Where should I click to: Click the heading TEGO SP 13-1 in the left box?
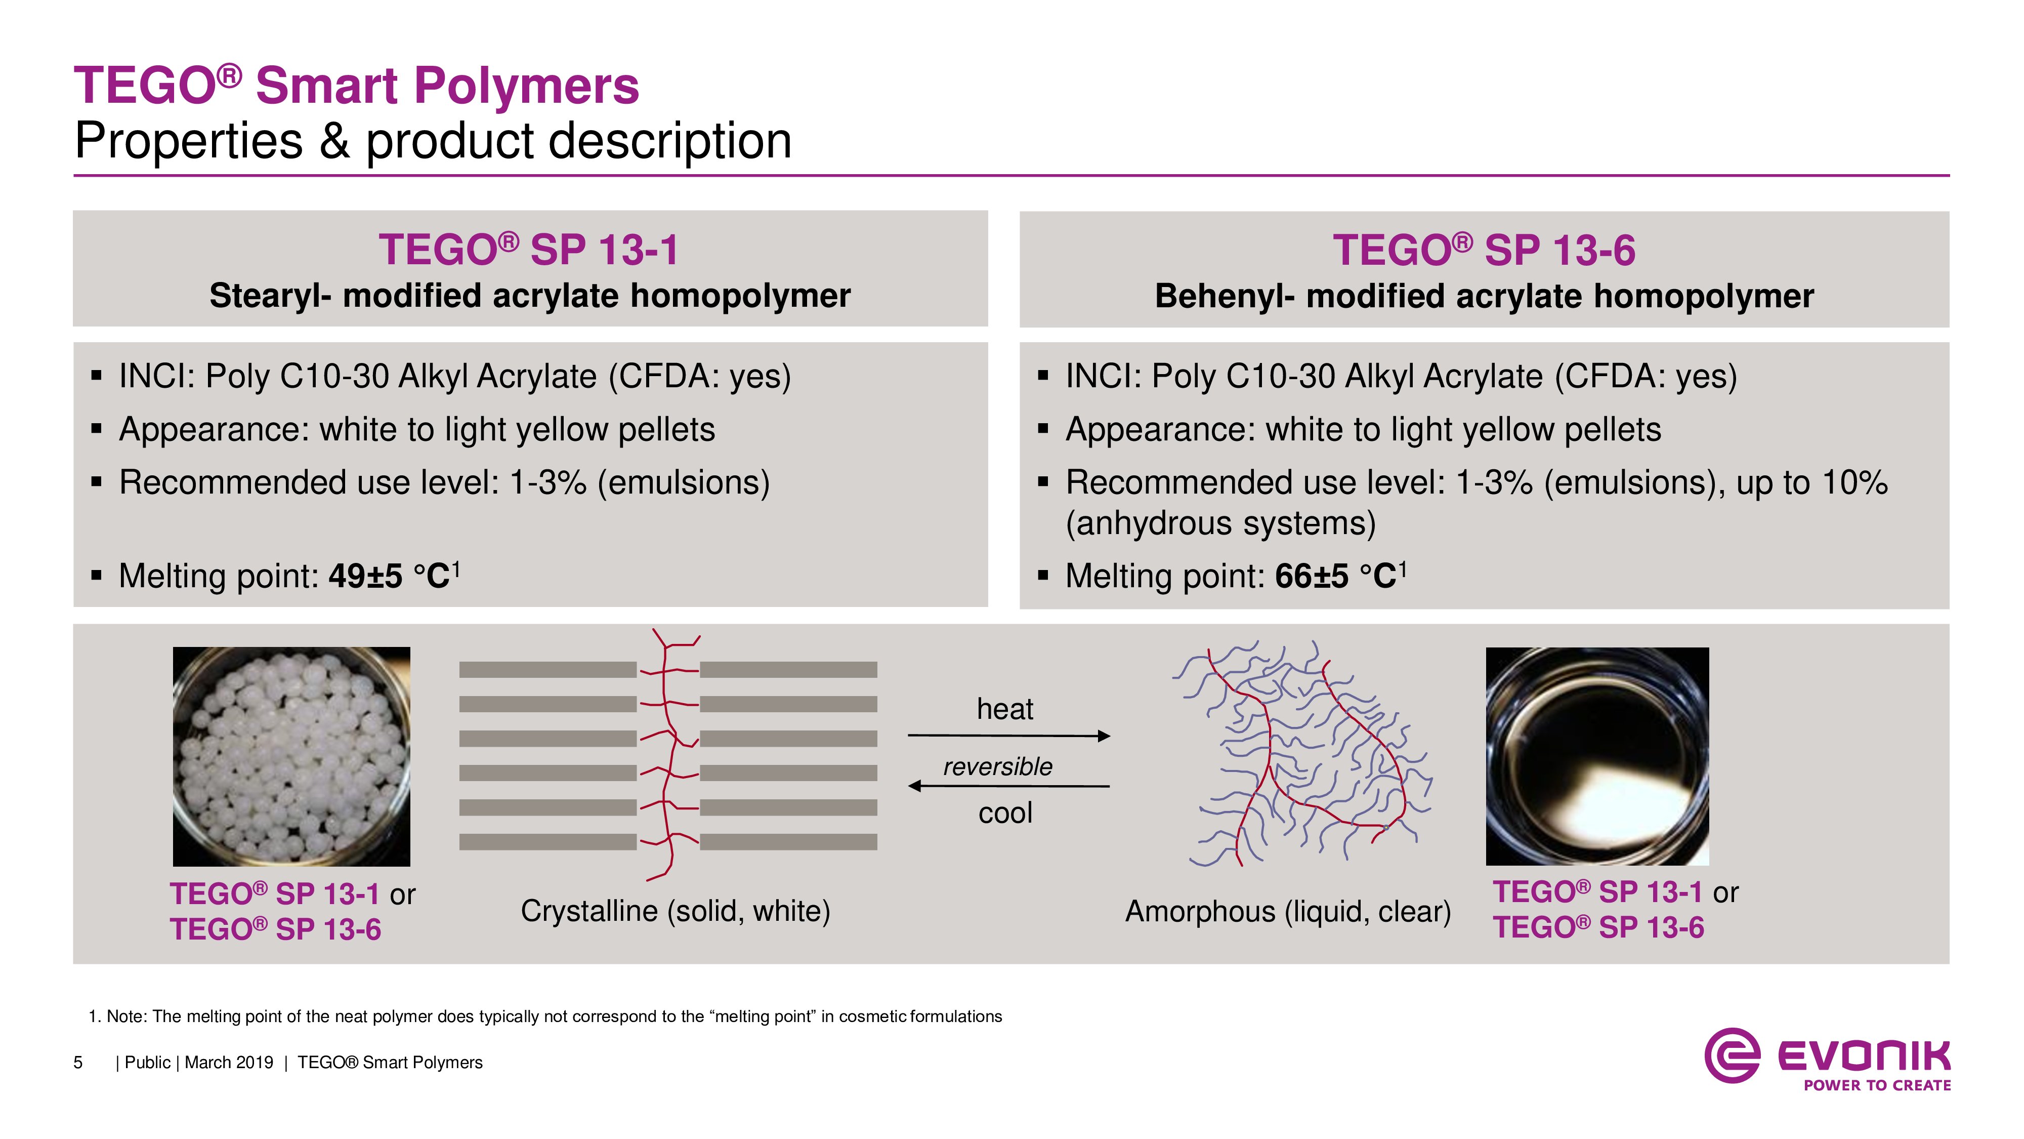(x=529, y=250)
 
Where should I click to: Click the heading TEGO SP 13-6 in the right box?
(x=1484, y=250)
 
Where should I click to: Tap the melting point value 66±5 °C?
(x=1340, y=576)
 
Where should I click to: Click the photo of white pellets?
(x=291, y=756)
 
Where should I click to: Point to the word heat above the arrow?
(x=1005, y=709)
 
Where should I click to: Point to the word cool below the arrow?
(x=1005, y=813)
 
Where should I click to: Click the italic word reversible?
(x=998, y=766)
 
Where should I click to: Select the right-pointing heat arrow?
(x=1009, y=736)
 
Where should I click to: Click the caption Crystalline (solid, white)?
(x=676, y=912)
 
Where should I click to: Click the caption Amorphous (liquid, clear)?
(x=1288, y=912)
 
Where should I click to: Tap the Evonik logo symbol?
(x=1732, y=1055)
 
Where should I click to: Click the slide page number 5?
(x=78, y=1063)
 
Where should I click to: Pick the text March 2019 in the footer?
(x=229, y=1063)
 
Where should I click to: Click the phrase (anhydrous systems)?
(x=1220, y=523)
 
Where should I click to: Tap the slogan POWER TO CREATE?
(x=1877, y=1085)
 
